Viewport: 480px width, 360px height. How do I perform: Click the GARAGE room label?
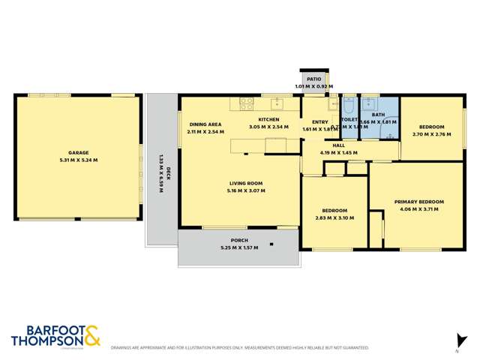(79, 151)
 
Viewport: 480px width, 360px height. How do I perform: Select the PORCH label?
(239, 240)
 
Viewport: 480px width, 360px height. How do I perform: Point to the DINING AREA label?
(205, 124)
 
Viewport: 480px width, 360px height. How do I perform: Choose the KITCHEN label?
(268, 119)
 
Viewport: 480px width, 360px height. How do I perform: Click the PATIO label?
(313, 79)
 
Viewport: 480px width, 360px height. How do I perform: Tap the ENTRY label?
(319, 122)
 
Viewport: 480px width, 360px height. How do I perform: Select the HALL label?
(339, 145)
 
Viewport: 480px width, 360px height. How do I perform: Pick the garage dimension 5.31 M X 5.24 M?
(79, 160)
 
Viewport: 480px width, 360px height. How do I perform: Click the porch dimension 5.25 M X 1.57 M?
(239, 247)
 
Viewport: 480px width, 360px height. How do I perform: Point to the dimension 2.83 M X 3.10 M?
(334, 217)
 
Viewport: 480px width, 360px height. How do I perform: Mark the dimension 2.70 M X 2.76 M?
(431, 134)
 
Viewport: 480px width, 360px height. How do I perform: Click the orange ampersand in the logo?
(91, 335)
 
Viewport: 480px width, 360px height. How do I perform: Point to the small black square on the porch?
(271, 244)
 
